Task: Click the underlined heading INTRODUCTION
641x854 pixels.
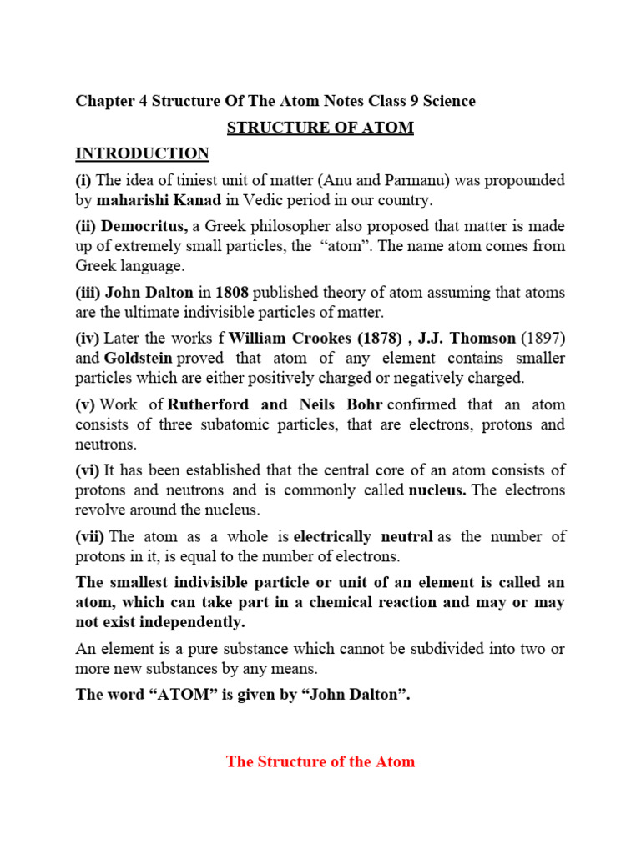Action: tap(143, 154)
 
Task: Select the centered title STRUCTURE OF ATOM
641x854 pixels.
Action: tap(321, 128)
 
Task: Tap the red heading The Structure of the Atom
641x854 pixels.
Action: tap(320, 761)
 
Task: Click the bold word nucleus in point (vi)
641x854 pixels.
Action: tap(437, 490)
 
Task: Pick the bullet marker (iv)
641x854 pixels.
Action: tap(88, 338)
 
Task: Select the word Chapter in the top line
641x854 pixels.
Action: tap(104, 102)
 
